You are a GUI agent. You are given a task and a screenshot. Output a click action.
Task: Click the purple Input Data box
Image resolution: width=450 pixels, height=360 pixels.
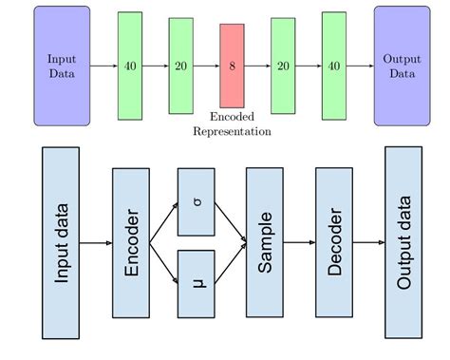pos(62,66)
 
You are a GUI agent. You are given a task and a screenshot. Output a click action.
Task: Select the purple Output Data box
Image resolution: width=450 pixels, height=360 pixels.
pos(401,66)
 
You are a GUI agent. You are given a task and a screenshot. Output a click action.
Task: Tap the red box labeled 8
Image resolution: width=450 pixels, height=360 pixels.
pos(232,66)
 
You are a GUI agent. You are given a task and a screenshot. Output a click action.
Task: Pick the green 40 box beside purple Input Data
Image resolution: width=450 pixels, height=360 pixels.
pos(130,66)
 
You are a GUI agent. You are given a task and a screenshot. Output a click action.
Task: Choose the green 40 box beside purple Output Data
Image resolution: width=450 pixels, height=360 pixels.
pos(333,66)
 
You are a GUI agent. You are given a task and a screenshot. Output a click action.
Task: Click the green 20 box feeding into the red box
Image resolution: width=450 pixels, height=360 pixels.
pos(180,66)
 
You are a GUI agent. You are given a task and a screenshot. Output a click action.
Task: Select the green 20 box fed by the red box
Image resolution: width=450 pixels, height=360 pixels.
pos(283,66)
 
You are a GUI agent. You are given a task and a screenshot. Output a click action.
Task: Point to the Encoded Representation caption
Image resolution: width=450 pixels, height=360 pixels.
pos(232,123)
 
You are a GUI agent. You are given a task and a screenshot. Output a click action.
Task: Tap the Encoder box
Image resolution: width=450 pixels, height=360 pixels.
pos(131,242)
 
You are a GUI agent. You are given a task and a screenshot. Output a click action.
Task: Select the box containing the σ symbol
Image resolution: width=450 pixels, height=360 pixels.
pos(196,201)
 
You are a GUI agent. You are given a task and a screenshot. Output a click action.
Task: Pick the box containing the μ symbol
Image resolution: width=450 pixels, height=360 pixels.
pos(196,283)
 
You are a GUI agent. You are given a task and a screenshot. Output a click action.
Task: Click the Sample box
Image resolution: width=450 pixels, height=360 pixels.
pos(265,242)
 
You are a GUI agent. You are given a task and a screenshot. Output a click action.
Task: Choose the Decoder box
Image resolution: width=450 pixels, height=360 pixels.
pos(333,242)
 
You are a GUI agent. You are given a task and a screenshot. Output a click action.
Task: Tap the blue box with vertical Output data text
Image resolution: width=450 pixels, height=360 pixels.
pos(403,242)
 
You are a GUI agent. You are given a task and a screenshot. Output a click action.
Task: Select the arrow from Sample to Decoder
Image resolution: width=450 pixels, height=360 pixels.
pos(299,242)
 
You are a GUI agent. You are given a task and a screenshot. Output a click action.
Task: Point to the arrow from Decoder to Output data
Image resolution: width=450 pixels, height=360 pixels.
pos(368,242)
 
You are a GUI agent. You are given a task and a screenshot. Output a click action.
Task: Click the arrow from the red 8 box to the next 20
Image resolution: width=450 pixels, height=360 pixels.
pos(257,66)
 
